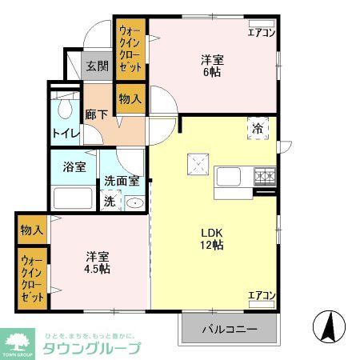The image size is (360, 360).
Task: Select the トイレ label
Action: [x=64, y=132]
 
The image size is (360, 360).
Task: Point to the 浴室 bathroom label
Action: [x=74, y=169]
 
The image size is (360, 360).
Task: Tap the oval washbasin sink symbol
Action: [x=134, y=202]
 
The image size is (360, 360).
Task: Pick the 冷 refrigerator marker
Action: [x=258, y=129]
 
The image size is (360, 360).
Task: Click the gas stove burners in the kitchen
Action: [x=265, y=176]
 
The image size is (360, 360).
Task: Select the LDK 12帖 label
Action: [x=212, y=238]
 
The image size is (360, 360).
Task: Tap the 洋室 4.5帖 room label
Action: [x=98, y=262]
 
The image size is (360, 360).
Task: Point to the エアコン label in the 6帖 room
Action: [x=261, y=33]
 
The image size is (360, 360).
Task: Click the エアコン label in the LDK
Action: [x=261, y=296]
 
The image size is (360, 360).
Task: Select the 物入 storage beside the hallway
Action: [x=130, y=99]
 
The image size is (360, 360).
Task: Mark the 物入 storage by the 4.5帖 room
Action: [x=32, y=230]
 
